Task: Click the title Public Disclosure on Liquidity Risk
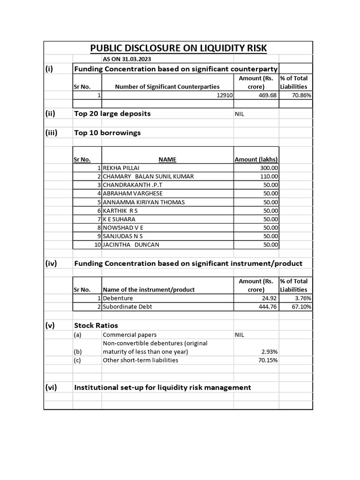coord(178,48)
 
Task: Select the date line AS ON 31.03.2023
coord(127,59)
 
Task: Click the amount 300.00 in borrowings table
coord(269,168)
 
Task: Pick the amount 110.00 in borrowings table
coord(269,176)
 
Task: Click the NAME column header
coord(167,159)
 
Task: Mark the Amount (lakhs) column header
coord(256,159)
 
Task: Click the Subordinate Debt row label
coord(127,307)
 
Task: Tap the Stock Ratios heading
coord(96,325)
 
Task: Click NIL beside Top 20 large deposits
coord(240,114)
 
